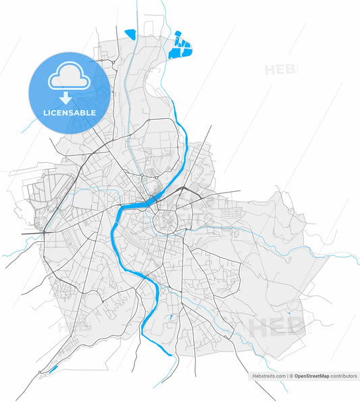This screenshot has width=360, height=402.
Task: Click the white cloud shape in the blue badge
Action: pos(68,77)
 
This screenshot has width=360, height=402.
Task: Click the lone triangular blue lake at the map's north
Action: pos(130,34)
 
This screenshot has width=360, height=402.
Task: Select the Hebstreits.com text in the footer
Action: pos(269,376)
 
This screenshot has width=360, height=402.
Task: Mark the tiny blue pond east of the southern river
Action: pos(171,316)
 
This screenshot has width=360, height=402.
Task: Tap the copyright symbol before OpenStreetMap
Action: pos(291,376)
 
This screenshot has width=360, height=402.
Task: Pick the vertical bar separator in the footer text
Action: pos(287,376)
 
